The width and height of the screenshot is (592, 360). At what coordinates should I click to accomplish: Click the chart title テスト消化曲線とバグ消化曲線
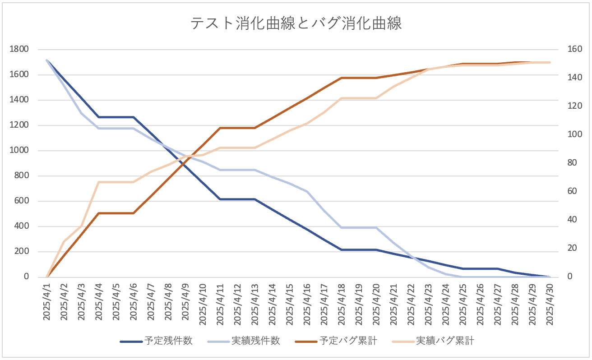296,23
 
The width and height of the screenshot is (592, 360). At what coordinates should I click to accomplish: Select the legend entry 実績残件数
255,341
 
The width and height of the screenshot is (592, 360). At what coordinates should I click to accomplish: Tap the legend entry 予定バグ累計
348,341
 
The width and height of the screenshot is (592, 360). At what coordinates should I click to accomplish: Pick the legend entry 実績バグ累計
444,341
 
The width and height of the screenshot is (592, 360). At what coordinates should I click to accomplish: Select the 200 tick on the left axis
21,252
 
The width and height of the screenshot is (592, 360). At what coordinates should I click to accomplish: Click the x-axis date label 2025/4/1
47,302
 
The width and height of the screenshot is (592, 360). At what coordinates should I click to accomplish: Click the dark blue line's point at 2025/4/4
99,117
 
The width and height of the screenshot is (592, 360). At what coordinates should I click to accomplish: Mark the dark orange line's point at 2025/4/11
220,128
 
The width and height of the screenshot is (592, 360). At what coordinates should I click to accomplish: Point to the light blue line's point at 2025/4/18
342,227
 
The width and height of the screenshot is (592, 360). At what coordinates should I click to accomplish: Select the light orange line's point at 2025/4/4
99,182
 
